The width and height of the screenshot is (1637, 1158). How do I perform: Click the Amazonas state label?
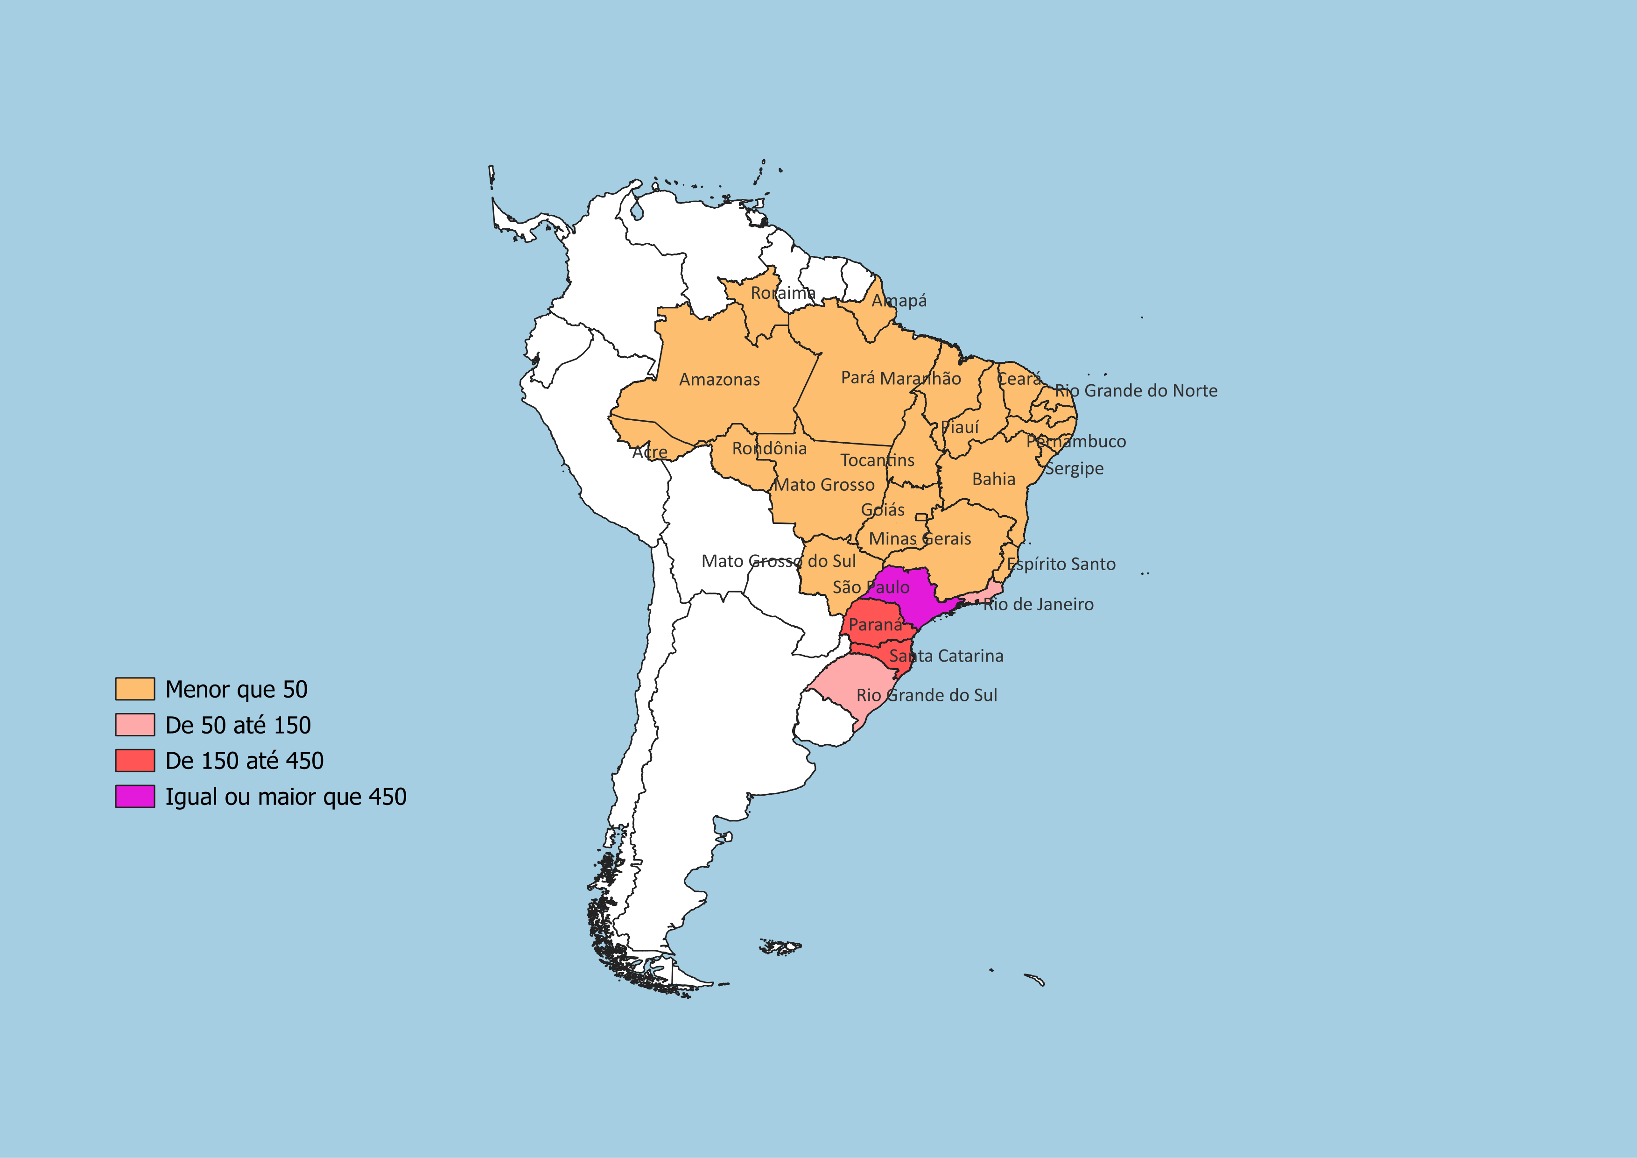coord(719,379)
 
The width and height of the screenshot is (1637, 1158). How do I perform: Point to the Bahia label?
coord(993,479)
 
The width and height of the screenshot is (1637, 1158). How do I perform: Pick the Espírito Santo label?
coord(1061,564)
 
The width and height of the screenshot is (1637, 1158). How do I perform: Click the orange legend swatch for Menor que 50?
coord(135,689)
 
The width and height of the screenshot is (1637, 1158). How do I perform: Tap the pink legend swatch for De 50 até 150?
coord(135,725)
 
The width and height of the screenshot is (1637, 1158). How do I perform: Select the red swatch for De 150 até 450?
coord(135,760)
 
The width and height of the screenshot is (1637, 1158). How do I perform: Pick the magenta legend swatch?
coord(135,797)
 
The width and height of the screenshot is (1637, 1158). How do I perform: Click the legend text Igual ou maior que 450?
coord(285,797)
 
